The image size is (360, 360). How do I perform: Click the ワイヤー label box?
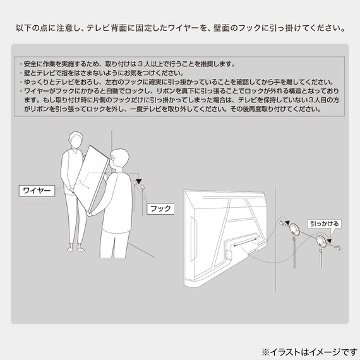click(36, 189)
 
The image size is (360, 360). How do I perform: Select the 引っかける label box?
click(325, 223)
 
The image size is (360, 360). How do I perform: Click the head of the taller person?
click(75, 140)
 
